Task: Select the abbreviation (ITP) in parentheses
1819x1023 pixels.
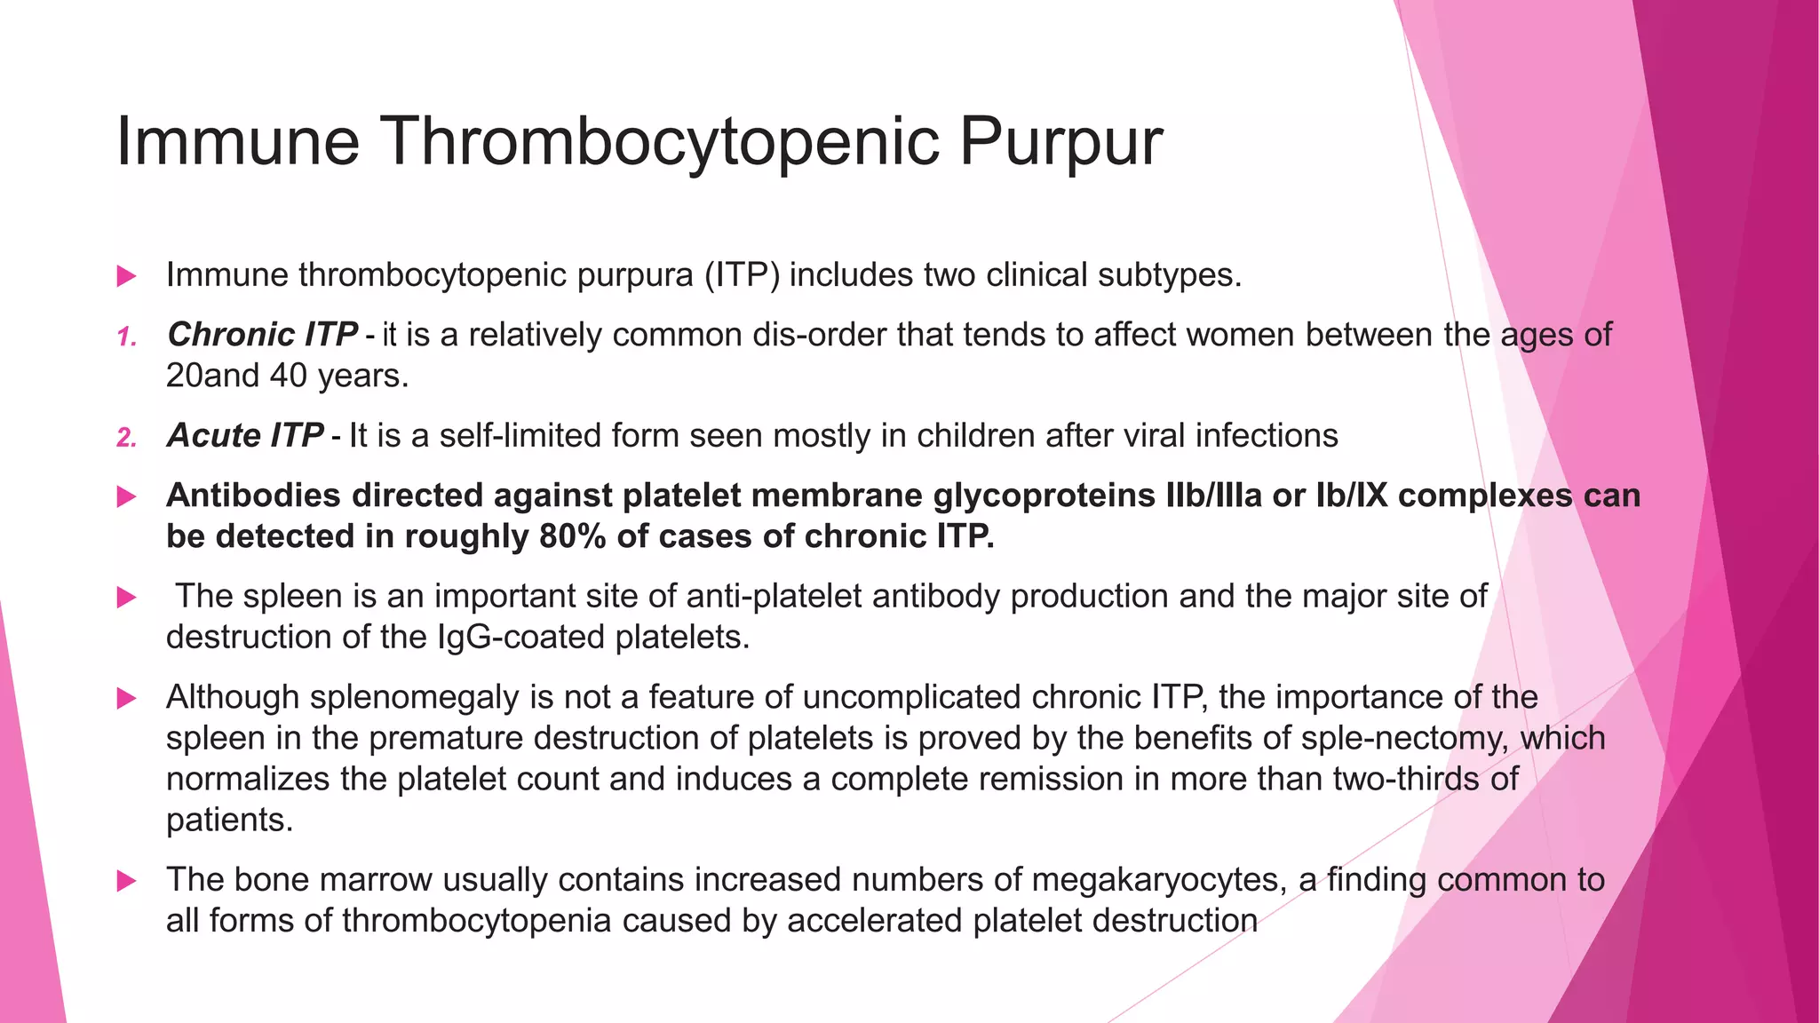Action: coord(743,275)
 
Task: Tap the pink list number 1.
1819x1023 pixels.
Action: coord(127,337)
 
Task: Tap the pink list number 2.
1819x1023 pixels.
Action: coord(127,438)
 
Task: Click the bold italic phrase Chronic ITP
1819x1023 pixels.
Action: coord(262,335)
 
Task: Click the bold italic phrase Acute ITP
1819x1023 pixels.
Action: coord(244,436)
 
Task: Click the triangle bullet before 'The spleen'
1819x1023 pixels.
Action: coord(127,598)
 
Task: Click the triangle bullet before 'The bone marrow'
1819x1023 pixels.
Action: coord(127,882)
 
